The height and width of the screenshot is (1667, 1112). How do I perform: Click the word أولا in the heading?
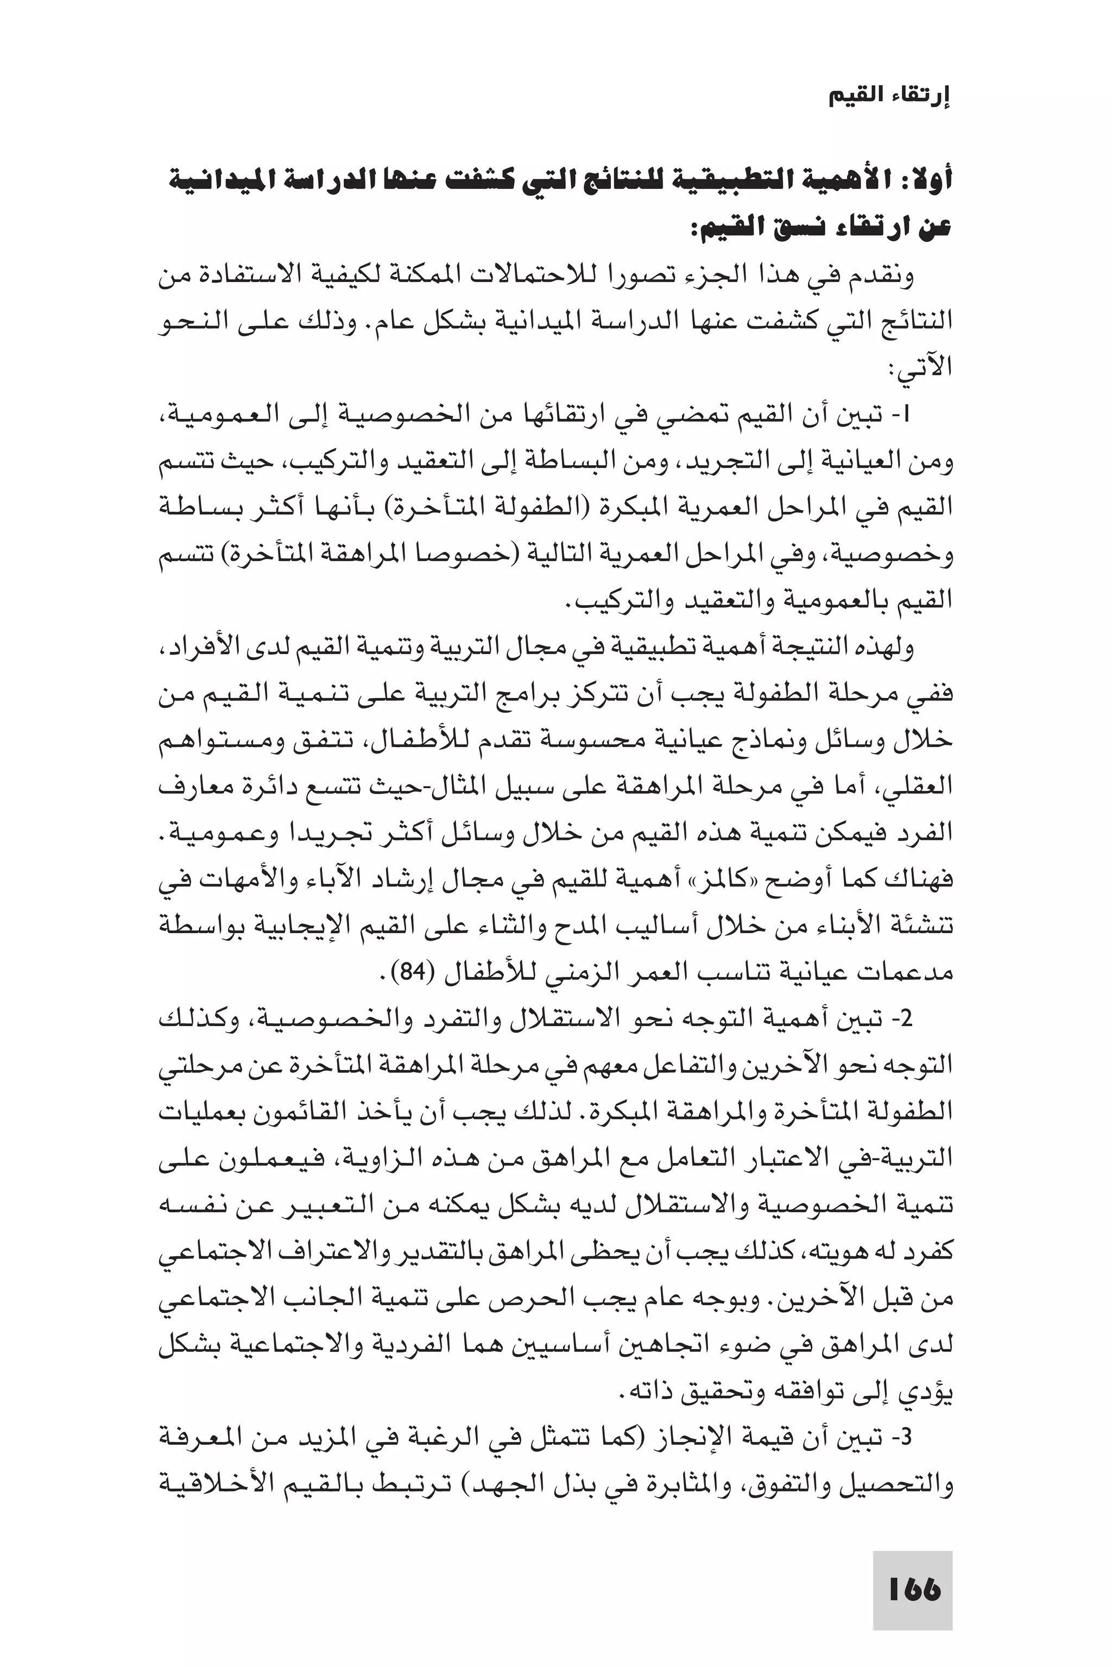(x=928, y=179)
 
